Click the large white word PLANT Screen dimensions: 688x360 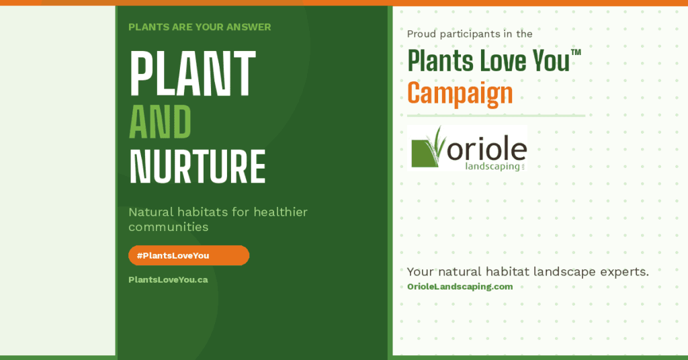(x=192, y=73)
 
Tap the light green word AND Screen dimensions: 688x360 (x=160, y=122)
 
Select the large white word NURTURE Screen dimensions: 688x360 (x=197, y=167)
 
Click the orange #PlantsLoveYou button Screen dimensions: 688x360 (x=189, y=255)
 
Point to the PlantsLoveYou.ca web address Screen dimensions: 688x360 (x=168, y=280)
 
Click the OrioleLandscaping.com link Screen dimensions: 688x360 (x=460, y=287)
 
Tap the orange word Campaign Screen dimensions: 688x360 (x=460, y=94)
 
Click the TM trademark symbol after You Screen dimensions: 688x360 (x=576, y=52)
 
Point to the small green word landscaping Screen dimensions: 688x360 (x=492, y=167)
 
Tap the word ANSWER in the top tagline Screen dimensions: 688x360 (x=249, y=27)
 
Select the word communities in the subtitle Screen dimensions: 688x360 (x=169, y=227)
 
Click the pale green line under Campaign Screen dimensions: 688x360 (x=496, y=116)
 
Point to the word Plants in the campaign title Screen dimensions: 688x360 (x=440, y=60)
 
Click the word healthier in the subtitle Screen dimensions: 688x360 (x=280, y=212)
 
